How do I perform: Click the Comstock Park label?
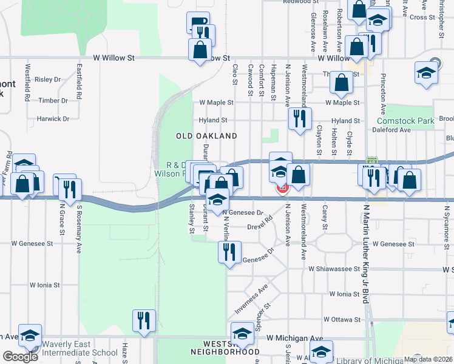click(409, 121)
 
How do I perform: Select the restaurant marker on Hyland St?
click(299, 118)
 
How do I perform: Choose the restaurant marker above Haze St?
click(144, 320)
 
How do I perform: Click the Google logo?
click(20, 357)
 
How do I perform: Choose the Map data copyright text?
click(427, 359)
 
